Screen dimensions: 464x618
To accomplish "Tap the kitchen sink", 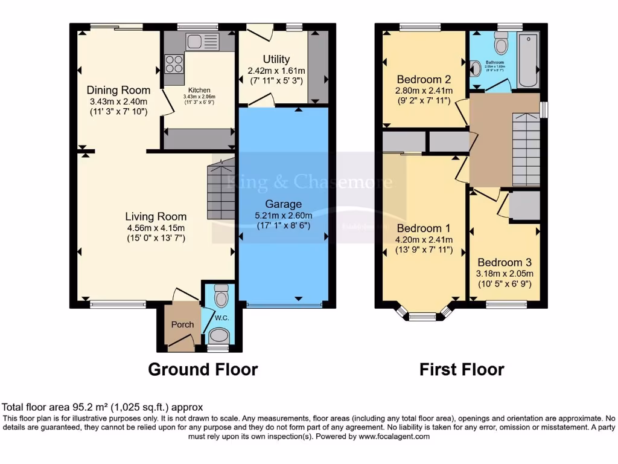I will coord(202,42).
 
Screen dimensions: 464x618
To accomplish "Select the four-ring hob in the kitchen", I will coord(174,64).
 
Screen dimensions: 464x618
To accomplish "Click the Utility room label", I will coord(276,59).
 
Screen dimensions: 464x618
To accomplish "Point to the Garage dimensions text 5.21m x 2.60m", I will coord(284,216).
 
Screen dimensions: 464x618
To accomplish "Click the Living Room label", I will coord(156,216).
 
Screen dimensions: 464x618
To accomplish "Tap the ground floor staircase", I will coord(221,187).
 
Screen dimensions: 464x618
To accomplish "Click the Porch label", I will coord(182,324).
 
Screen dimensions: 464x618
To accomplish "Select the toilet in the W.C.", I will coord(221,295).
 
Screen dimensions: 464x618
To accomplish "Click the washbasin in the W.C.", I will coord(218,336).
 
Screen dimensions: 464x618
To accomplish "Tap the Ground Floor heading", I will coord(203,369).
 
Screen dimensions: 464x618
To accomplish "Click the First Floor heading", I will coord(462,369).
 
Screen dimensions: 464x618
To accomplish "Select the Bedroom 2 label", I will coord(424,80).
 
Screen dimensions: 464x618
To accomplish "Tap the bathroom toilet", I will coord(501,43).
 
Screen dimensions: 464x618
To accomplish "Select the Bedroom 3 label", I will coord(505,263).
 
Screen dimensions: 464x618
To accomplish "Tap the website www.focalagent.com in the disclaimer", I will coord(394,436).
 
